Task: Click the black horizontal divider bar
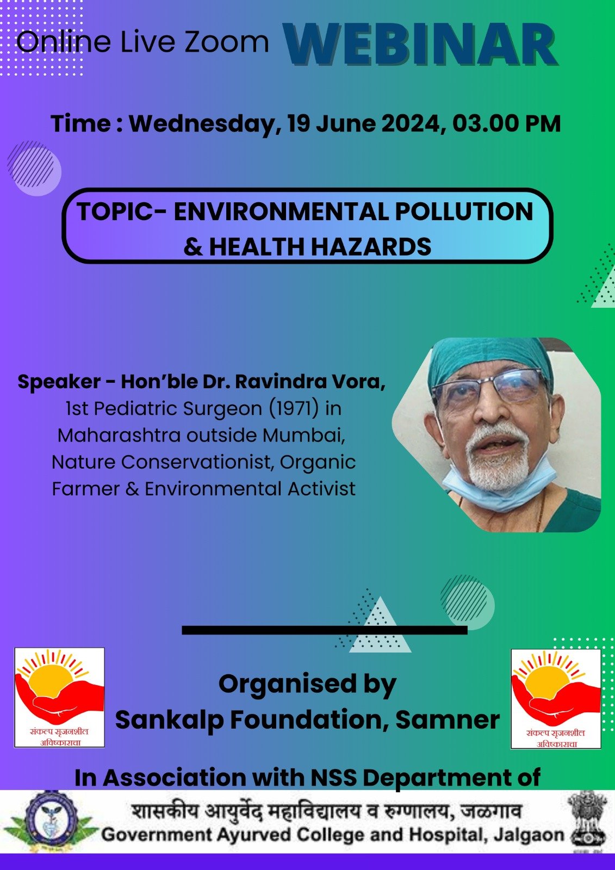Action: [x=325, y=630]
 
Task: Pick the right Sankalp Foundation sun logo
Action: [x=556, y=699]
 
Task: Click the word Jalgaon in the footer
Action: [x=529, y=835]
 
